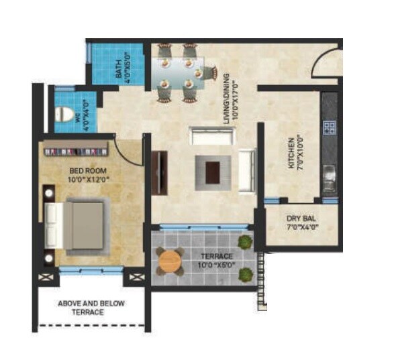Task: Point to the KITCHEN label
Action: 291,154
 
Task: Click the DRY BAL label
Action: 301,219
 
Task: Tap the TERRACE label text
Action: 217,256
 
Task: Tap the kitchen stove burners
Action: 329,125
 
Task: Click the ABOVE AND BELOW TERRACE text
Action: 91,308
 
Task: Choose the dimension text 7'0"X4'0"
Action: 301,228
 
